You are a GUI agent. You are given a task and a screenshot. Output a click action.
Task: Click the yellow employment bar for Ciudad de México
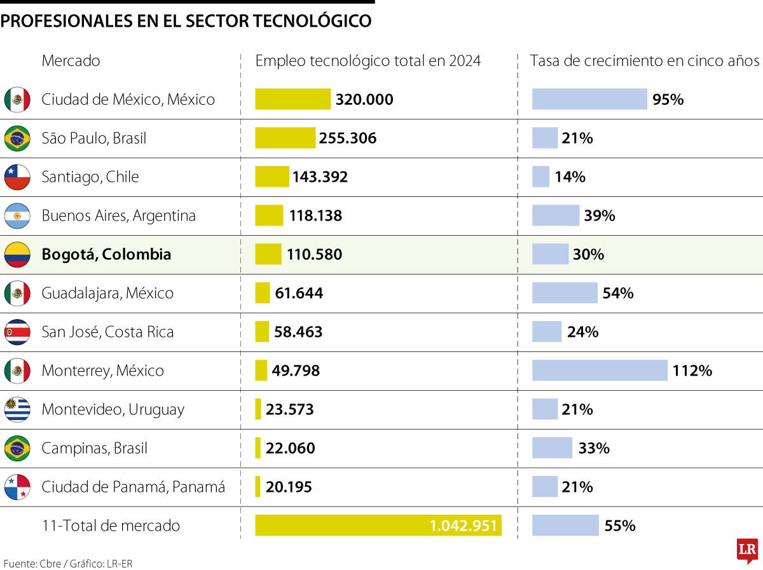[x=292, y=99]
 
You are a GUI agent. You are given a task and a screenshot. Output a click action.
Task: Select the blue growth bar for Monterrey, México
[x=600, y=370]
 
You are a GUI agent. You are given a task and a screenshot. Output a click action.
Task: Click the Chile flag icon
[x=17, y=177]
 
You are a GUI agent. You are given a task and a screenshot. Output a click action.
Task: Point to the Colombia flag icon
[x=17, y=254]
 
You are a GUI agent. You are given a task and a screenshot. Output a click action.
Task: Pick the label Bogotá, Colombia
[x=106, y=254]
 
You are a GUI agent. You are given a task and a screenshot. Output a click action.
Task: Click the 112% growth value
[x=692, y=370]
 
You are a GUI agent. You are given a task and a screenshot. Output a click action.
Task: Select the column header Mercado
[x=71, y=61]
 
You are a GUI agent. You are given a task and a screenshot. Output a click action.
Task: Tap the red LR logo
[x=747, y=550]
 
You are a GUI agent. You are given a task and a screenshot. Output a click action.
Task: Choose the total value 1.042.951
[x=464, y=526]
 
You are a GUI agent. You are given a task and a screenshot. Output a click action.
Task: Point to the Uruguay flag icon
[x=17, y=409]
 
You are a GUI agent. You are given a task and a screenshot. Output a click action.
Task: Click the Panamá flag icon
[x=17, y=487]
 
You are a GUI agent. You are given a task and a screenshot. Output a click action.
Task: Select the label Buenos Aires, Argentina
[x=118, y=215]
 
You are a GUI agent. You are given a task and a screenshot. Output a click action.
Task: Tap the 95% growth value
[x=668, y=99]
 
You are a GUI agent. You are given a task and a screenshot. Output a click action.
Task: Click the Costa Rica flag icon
[x=17, y=332]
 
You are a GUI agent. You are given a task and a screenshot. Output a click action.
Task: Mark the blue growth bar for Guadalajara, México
[x=565, y=293]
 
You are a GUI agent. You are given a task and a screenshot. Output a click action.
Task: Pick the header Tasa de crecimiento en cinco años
[x=644, y=61]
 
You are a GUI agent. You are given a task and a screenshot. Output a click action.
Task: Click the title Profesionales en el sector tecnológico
[x=186, y=21]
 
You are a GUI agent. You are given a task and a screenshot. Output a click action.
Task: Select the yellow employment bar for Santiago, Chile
[x=272, y=177]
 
